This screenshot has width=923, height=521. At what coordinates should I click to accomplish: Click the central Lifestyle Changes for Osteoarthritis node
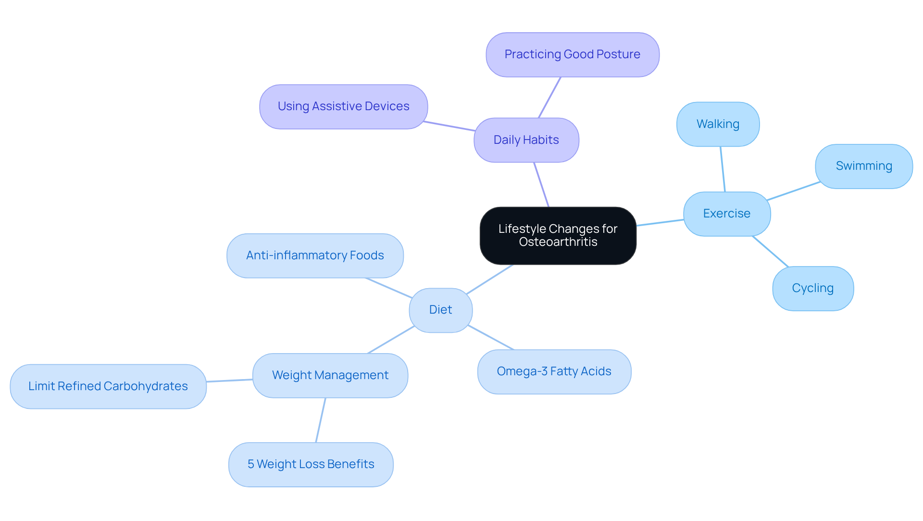click(558, 235)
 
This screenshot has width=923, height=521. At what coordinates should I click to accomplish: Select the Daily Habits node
click(526, 140)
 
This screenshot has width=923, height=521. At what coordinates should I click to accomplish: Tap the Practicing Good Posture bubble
click(572, 54)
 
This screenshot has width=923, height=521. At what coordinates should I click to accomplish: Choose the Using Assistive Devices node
click(343, 106)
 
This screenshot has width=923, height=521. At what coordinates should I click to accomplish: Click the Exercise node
click(726, 214)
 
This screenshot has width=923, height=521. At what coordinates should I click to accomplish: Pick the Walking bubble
click(718, 124)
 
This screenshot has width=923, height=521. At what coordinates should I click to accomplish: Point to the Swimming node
click(863, 166)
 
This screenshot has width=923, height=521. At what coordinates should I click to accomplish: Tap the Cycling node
click(812, 288)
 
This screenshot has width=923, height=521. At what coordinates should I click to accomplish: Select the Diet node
click(440, 310)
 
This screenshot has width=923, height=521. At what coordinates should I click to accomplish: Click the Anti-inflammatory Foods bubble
click(315, 255)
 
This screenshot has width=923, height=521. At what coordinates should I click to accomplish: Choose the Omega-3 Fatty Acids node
click(554, 371)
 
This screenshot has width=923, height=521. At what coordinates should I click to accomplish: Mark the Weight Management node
click(330, 375)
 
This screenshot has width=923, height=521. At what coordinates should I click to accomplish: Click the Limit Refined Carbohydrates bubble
click(108, 386)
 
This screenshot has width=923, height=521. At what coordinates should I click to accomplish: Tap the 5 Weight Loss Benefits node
click(311, 464)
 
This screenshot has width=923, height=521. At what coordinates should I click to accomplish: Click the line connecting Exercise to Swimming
click(793, 191)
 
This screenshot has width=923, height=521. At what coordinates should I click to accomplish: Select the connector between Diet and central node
click(489, 280)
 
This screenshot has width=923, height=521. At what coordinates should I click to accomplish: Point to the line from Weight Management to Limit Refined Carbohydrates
click(229, 381)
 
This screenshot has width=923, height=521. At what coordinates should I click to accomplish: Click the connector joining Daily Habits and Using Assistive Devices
click(449, 126)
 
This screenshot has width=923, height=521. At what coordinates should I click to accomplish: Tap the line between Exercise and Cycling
click(770, 251)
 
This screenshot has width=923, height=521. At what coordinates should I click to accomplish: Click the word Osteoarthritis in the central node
click(558, 242)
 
